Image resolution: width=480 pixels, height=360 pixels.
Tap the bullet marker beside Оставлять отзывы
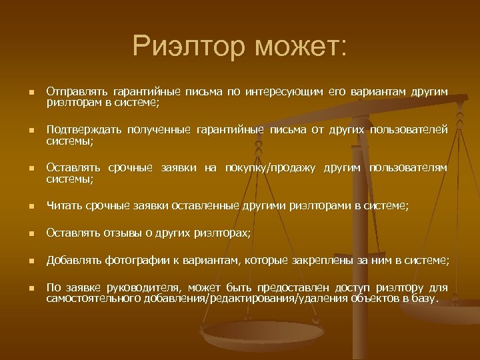pos(23,233)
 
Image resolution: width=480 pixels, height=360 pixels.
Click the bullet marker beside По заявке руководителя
pos(23,289)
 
